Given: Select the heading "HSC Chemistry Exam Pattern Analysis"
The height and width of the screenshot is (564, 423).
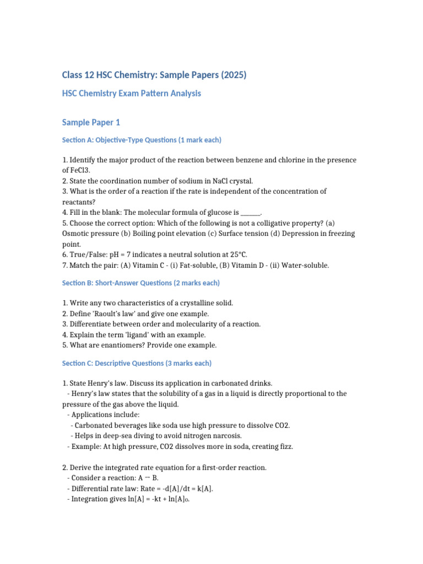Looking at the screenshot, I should (131, 94).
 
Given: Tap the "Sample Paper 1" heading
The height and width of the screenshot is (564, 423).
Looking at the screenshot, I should (90, 122).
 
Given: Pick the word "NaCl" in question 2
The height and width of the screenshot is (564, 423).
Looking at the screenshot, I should (224, 181).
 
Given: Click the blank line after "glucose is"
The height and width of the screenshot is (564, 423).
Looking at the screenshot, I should (250, 213).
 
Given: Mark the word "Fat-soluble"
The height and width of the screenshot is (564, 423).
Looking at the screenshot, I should (175, 265).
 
